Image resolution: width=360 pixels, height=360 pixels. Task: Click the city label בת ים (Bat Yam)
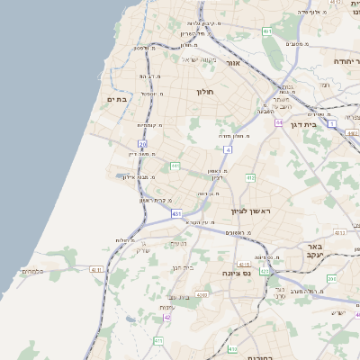click(119, 99)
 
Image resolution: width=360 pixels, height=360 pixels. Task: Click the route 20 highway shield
click(142, 143)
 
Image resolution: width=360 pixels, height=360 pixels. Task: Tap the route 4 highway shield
click(229, 149)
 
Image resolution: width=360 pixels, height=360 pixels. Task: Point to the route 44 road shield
click(280, 121)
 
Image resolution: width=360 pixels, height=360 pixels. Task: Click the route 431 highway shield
click(176, 214)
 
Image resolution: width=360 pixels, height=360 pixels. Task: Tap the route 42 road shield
click(167, 317)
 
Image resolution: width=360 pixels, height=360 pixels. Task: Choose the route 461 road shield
click(267, 31)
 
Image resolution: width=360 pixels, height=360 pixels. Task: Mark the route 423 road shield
click(264, 270)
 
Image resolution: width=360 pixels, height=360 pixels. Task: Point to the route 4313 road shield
click(339, 233)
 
